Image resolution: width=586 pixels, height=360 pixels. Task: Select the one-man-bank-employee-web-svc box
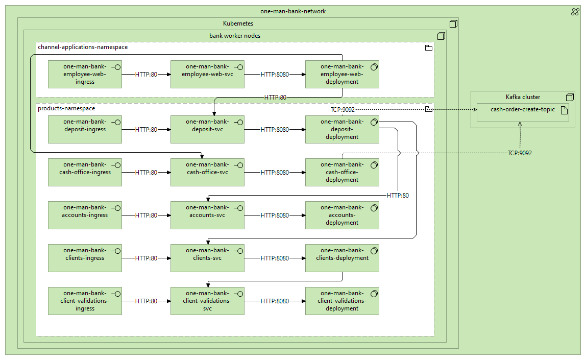point(207,74)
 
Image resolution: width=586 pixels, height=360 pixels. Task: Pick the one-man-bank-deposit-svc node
point(207,129)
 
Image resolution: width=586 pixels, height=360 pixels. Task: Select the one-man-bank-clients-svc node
point(207,258)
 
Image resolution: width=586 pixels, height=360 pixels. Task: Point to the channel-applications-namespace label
point(83,47)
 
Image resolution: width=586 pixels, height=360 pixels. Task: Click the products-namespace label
point(66,108)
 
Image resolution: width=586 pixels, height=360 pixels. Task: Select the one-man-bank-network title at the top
point(292,11)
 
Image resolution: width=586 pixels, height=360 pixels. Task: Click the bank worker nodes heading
point(235,36)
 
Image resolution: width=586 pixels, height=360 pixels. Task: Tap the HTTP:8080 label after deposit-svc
point(275,130)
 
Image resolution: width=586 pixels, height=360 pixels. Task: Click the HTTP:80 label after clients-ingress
point(146,258)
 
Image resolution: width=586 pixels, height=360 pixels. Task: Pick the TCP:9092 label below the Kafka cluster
point(520,153)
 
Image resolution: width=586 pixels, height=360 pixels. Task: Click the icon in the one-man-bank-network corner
point(575,12)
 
